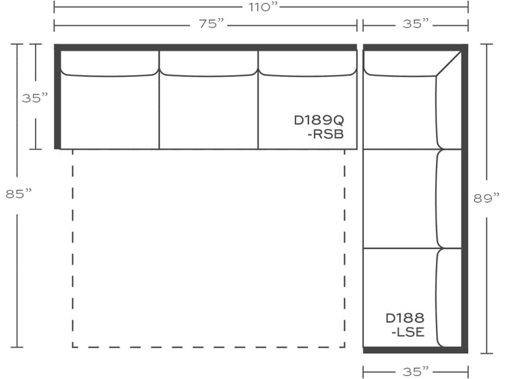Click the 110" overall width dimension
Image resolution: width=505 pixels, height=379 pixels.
(261, 7)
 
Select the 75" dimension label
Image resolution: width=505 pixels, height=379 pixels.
(212, 24)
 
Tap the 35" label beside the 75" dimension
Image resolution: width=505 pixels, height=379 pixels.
(415, 24)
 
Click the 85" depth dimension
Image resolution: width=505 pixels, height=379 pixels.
(18, 194)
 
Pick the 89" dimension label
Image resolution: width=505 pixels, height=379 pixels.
(487, 198)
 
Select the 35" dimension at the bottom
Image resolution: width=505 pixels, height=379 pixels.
(415, 370)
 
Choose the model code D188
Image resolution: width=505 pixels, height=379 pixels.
(404, 318)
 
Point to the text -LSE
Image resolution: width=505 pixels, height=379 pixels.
(407, 332)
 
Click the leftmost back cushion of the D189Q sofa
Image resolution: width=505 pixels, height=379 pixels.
(109, 63)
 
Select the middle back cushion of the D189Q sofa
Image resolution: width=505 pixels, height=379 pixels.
(208, 63)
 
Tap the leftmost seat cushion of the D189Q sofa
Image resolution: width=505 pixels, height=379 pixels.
(109, 113)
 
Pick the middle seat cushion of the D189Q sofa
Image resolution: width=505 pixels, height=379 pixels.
(208, 113)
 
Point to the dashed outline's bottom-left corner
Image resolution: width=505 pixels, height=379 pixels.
(73, 347)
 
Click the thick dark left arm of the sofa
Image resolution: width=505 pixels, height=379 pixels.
(57, 99)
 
